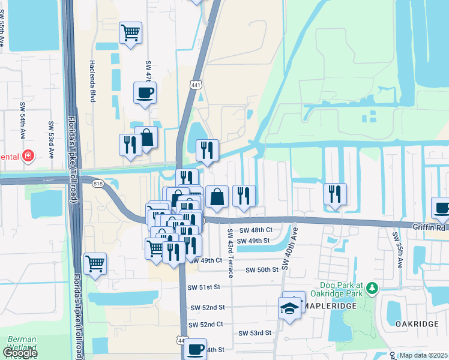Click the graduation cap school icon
click(290, 309)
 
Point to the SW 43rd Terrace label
click(230, 251)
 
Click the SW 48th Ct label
click(256, 230)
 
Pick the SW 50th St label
click(262, 270)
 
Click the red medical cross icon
click(27, 157)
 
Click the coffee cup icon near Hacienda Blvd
click(144, 94)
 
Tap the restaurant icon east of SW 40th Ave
click(335, 194)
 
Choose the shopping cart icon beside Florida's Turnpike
click(95, 263)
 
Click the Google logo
click(19, 353)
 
